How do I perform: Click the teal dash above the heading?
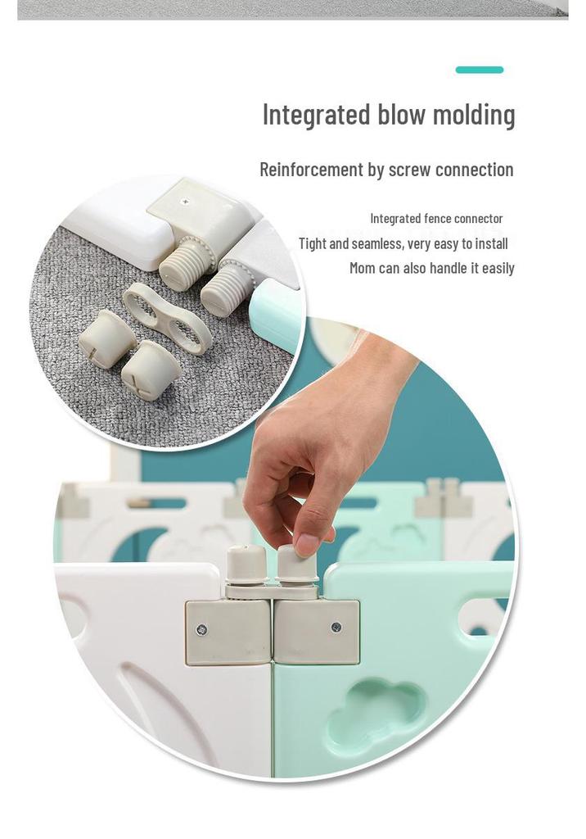point(479,70)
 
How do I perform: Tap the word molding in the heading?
point(474,115)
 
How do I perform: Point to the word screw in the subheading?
point(409,170)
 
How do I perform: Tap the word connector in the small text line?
point(479,218)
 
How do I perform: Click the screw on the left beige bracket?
point(201,629)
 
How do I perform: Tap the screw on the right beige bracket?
point(336,627)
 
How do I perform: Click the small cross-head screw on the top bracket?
point(186,202)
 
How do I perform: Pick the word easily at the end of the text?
point(498,268)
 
